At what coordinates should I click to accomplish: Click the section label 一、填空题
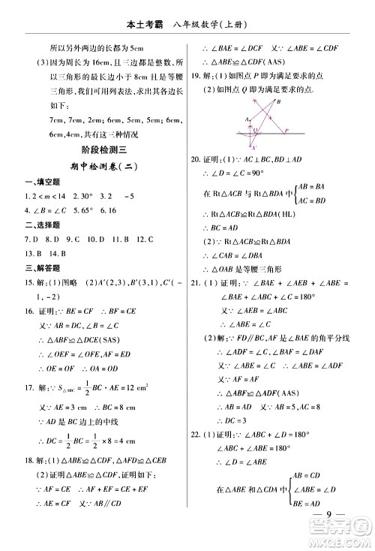click(43, 182)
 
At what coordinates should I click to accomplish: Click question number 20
click(196, 160)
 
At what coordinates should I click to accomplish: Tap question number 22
click(196, 434)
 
